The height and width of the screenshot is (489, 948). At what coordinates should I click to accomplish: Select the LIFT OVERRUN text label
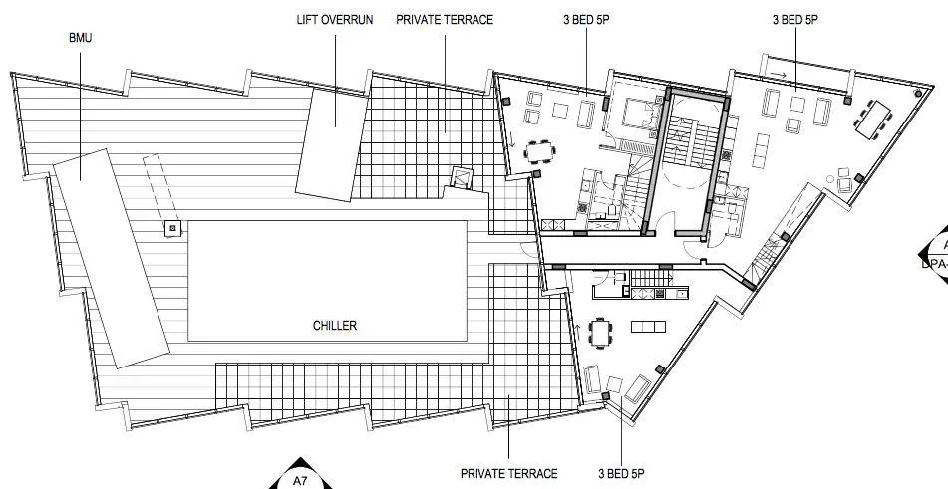pyautogui.click(x=335, y=20)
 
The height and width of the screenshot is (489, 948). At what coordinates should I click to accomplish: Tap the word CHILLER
pyautogui.click(x=334, y=325)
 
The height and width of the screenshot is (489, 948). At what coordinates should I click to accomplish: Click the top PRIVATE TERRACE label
pyautogui.click(x=444, y=20)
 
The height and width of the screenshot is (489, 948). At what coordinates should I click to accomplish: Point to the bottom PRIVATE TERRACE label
pyautogui.click(x=508, y=474)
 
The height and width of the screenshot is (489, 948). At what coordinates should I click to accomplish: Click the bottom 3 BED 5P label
pyautogui.click(x=622, y=474)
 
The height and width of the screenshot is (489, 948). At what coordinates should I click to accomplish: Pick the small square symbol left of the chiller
pyautogui.click(x=172, y=229)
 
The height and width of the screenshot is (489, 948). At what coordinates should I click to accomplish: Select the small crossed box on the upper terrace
pyautogui.click(x=461, y=177)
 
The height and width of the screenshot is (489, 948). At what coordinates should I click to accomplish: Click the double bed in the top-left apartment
pyautogui.click(x=635, y=116)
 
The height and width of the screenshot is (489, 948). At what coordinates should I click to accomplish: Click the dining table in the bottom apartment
pyautogui.click(x=600, y=333)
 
